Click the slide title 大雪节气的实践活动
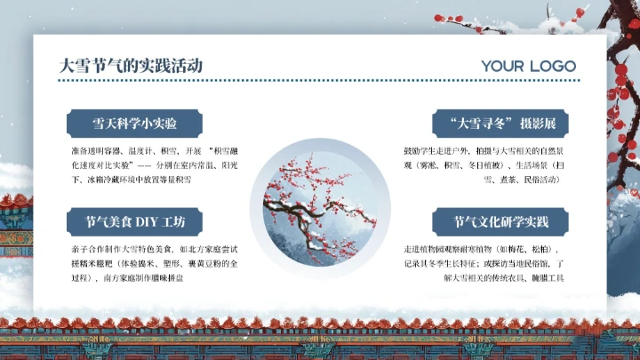pos(130,65)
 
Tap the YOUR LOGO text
pos(528,66)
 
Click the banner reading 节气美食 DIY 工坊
pos(134,221)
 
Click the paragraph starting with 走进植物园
pos(486,263)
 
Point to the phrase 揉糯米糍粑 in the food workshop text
pos(88,263)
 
